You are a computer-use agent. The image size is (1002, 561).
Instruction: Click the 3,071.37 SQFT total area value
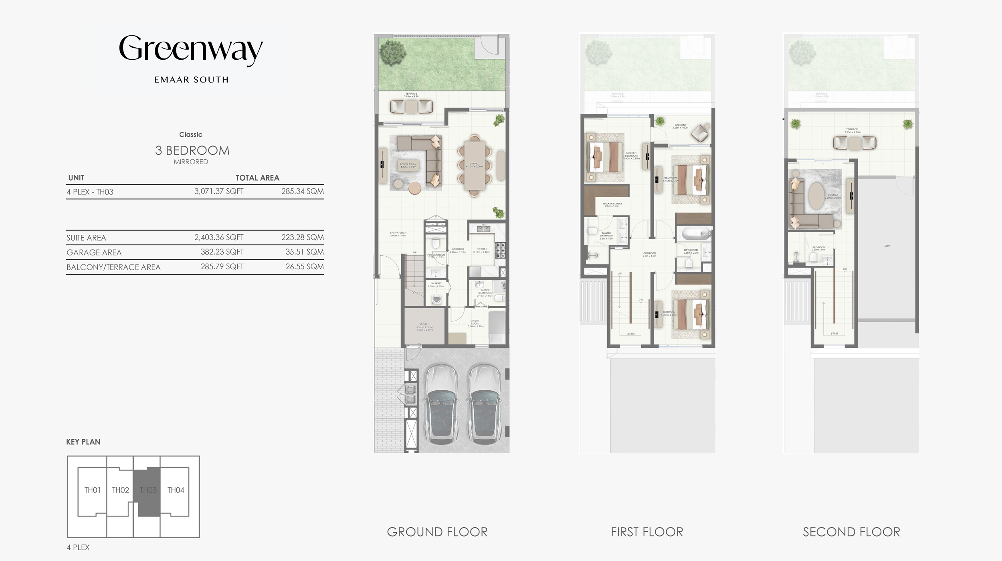219,192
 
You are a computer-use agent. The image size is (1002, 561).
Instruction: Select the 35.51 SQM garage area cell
304,252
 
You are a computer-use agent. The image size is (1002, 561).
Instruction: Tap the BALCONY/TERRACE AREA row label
113,267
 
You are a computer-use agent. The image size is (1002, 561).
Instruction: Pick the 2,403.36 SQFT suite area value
219,237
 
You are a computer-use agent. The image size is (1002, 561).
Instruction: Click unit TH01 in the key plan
92,490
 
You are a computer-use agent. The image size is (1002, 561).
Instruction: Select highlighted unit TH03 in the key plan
148,490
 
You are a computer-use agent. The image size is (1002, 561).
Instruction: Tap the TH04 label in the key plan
176,490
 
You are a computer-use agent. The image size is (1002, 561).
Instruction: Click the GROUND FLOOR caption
437,532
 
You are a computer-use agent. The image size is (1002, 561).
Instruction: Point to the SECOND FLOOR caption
851,532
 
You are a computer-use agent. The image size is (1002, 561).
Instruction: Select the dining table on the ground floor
475,165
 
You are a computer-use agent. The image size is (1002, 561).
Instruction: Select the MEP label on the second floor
887,246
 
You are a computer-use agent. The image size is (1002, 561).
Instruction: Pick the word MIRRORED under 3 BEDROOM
191,162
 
